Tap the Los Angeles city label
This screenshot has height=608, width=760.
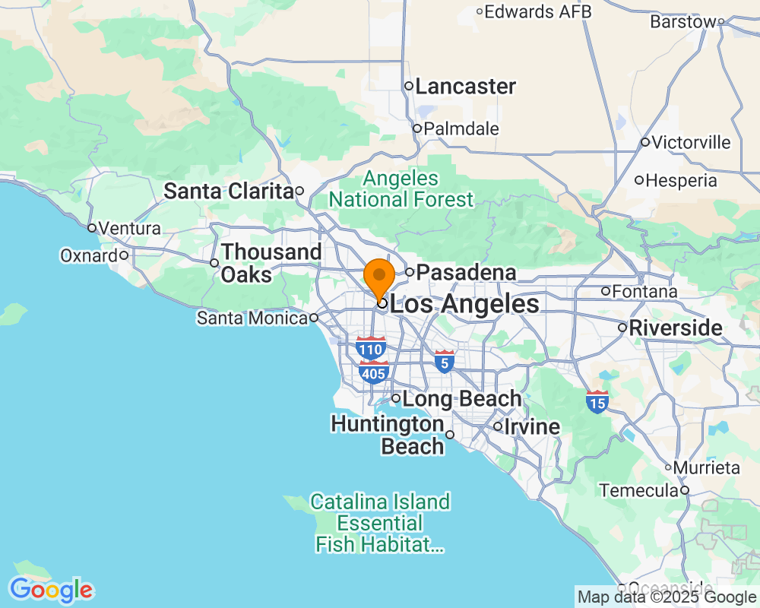(x=464, y=305)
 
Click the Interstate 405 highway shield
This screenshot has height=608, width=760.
(x=374, y=372)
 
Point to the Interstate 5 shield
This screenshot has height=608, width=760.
(x=445, y=362)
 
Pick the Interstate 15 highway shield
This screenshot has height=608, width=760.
(x=597, y=401)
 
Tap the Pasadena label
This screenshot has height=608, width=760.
(x=467, y=272)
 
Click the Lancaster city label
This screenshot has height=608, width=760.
(x=465, y=87)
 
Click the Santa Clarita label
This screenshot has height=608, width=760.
(x=229, y=191)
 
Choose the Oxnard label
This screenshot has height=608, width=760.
(x=89, y=255)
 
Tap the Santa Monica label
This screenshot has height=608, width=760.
(x=252, y=318)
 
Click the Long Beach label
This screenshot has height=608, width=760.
(x=461, y=398)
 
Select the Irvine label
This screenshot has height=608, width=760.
(x=533, y=426)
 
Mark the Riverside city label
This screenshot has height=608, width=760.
(x=675, y=328)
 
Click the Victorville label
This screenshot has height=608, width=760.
(x=691, y=142)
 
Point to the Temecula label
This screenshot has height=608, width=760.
(x=638, y=491)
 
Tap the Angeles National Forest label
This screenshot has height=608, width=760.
(x=402, y=189)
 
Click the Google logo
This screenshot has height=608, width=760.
(x=51, y=590)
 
